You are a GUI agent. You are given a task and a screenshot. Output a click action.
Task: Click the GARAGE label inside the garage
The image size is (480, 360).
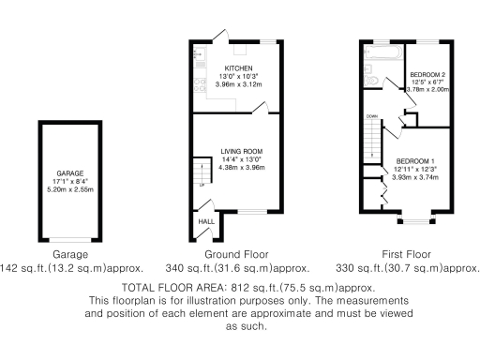point(70,174)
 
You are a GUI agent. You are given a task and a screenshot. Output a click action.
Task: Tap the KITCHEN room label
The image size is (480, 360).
point(237,67)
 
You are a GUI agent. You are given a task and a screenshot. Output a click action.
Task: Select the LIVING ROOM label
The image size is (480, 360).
point(241,151)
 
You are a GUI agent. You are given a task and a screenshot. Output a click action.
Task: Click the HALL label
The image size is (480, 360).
point(203,222)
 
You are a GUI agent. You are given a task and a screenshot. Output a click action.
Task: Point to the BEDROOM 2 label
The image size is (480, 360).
point(428,74)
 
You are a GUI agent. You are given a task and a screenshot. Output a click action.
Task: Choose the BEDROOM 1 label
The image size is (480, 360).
point(414,159)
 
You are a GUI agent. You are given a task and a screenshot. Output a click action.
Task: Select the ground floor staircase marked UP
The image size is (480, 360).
point(198,173)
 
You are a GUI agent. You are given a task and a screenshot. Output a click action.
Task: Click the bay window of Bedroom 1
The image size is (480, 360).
point(413,221)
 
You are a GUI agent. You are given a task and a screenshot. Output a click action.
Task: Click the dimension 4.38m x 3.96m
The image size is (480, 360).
point(241,168)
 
